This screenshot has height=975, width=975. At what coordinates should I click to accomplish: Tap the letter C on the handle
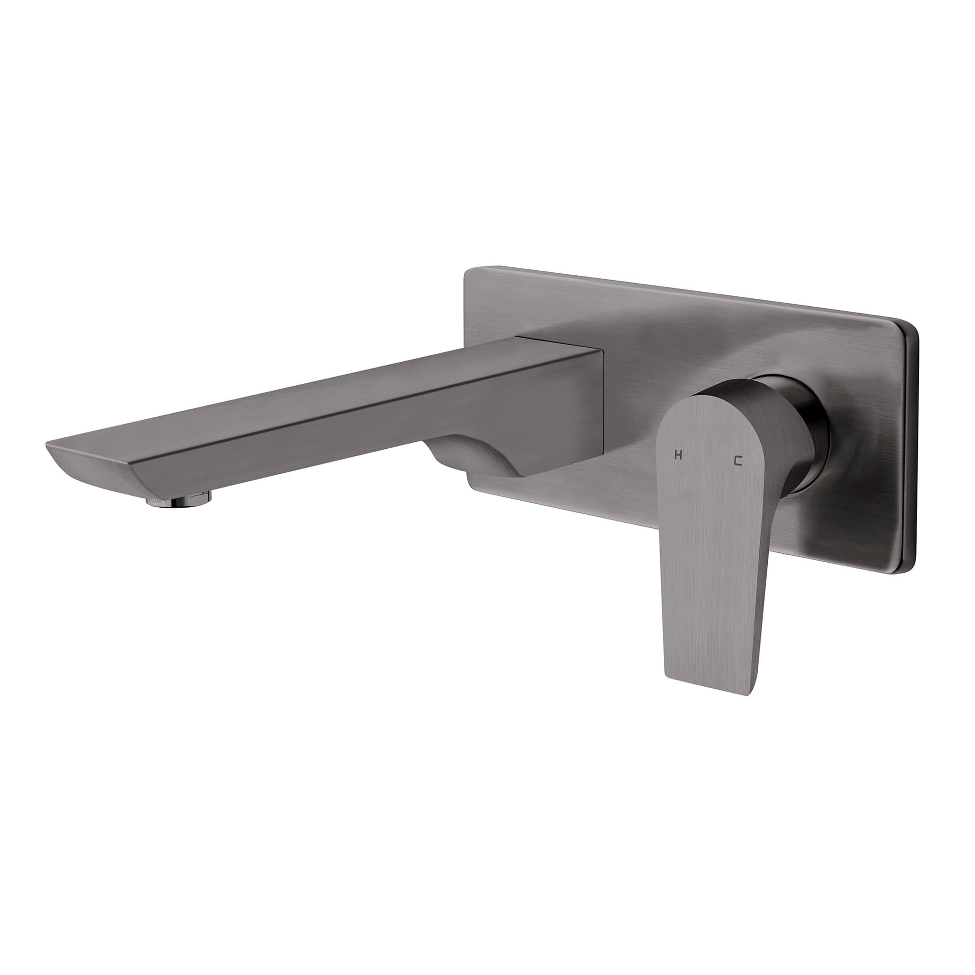[738, 461]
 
